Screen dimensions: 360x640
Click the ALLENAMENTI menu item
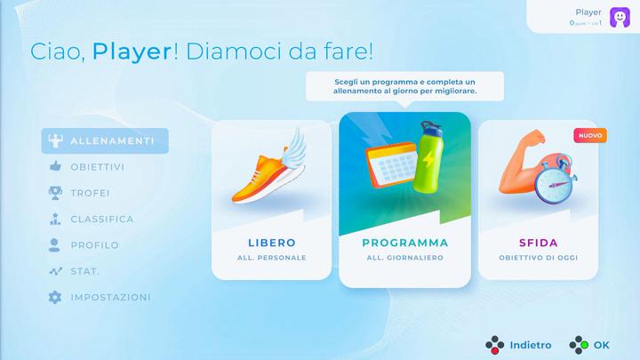coord(104,141)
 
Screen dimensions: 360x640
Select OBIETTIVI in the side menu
coord(97,167)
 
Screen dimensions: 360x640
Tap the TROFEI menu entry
coord(90,193)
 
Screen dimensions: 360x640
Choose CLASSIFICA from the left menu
coord(101,219)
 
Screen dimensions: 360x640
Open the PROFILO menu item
coord(94,245)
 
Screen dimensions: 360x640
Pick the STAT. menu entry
coord(84,271)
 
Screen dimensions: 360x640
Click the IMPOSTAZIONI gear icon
coord(54,297)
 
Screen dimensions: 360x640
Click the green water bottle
coord(430,157)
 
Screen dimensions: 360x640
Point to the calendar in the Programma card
coord(389,168)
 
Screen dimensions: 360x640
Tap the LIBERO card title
coord(271,243)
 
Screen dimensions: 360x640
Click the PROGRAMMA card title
coord(405,243)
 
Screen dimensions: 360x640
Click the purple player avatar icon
coord(620,17)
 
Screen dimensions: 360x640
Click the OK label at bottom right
coord(602,345)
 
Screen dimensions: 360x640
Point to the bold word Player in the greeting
coord(132,50)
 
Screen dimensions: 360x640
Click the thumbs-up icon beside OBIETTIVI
coord(54,167)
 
